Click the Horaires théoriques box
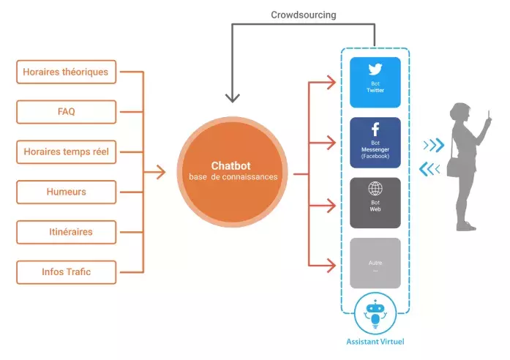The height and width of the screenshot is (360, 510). [x=66, y=72]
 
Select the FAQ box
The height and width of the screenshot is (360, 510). [x=66, y=112]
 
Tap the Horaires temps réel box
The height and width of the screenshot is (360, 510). [x=66, y=152]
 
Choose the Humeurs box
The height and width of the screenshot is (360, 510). [x=66, y=192]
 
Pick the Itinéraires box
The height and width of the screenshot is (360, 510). [x=66, y=233]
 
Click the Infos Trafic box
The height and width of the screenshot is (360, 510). [x=66, y=273]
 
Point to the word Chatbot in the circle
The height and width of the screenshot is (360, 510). [x=231, y=165]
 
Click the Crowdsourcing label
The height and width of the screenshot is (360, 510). [x=302, y=14]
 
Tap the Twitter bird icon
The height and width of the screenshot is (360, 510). [x=375, y=70]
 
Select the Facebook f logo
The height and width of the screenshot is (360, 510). [x=375, y=130]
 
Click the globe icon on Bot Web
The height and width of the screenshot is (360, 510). [x=375, y=189]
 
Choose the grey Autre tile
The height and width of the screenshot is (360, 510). [x=375, y=263]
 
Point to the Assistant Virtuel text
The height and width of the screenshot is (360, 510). [x=375, y=342]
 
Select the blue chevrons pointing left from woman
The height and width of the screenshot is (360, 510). [x=430, y=170]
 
